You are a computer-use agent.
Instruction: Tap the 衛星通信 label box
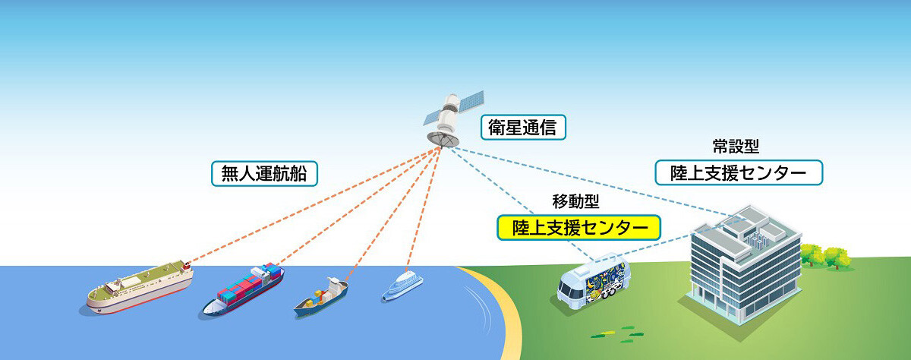point(523,128)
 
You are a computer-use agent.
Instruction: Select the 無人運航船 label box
point(264,174)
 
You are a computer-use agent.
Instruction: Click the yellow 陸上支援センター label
point(578,227)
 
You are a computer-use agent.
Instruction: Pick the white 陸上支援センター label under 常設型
point(739,172)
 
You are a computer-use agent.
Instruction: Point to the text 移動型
point(575,201)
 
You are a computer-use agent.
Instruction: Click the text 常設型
point(736,146)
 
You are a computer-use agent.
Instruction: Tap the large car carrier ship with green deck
point(140,287)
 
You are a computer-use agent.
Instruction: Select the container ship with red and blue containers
point(243,289)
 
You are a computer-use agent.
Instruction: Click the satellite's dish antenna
point(443,139)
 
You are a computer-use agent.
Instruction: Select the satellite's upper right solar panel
point(471,102)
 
